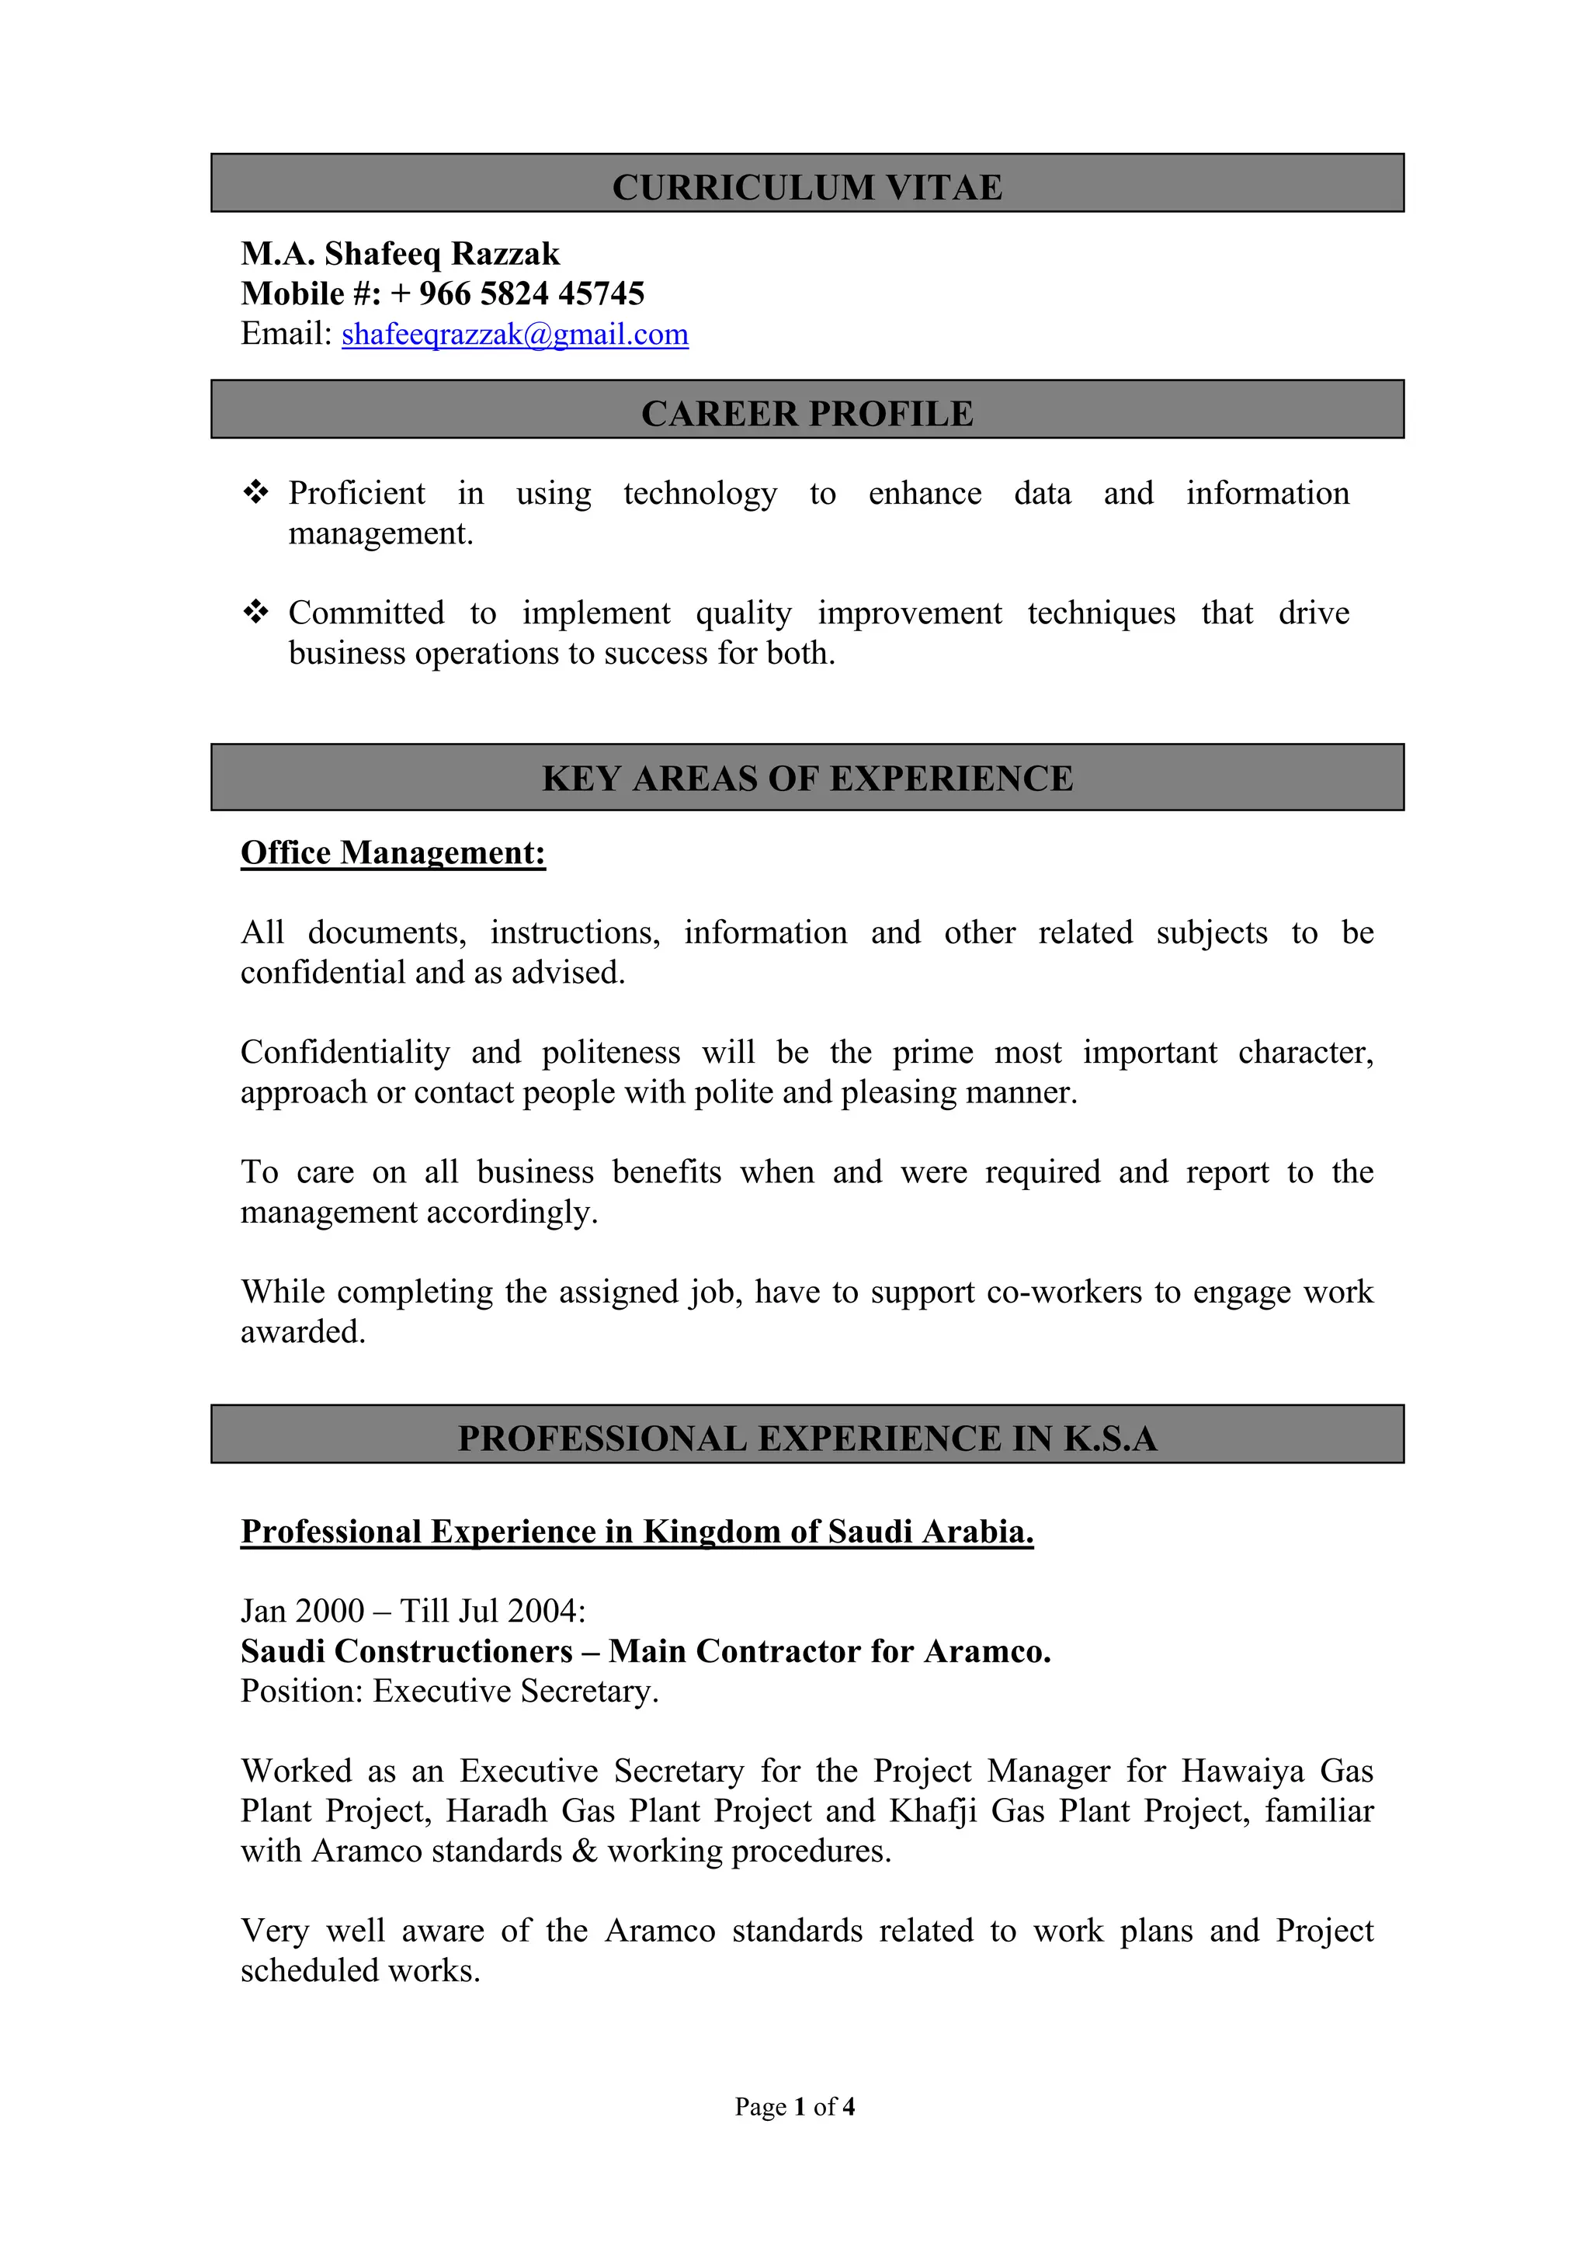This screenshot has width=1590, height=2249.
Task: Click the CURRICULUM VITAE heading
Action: pos(807,187)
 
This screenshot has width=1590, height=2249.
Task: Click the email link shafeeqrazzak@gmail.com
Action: pos(514,334)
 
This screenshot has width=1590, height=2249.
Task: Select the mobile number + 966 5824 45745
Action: pos(517,294)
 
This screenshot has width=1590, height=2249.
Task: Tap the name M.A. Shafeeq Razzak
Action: pos(400,254)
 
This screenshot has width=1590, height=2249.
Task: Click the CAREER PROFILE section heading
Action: pos(807,413)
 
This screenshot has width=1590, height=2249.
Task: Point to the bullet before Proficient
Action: pos(255,491)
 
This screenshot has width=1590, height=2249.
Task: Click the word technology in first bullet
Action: pos(700,493)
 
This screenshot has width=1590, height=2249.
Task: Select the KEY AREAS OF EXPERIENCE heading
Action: pos(807,778)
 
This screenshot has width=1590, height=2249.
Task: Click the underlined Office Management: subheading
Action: pos(393,852)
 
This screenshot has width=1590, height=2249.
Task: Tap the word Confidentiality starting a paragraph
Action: pos(345,1052)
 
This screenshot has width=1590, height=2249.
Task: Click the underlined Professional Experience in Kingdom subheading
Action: pos(637,1531)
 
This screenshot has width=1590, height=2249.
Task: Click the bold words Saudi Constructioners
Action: pos(407,1651)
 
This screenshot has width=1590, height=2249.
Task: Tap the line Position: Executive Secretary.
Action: pos(450,1692)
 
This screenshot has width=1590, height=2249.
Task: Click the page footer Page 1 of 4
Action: pos(794,2107)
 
